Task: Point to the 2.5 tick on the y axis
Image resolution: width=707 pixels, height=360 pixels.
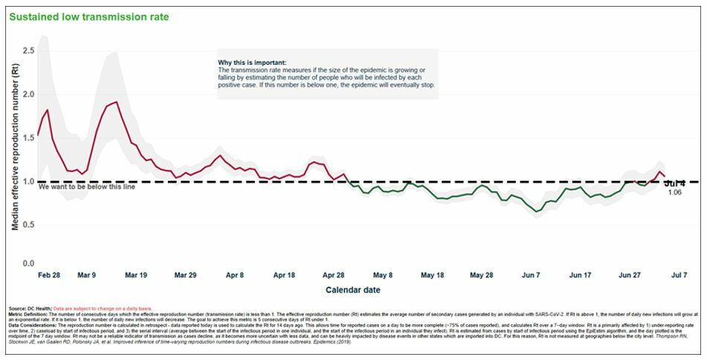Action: (28, 50)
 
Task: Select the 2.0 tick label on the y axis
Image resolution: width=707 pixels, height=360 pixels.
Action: (28, 94)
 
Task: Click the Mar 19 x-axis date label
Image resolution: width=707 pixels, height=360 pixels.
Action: (136, 274)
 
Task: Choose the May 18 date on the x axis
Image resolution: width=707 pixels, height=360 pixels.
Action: (432, 274)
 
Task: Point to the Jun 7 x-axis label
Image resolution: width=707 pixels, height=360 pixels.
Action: (531, 274)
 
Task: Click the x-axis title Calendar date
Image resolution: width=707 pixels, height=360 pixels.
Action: (354, 289)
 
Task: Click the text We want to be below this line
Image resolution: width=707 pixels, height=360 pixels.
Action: (80, 187)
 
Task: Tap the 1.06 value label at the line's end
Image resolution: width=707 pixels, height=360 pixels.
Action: (674, 193)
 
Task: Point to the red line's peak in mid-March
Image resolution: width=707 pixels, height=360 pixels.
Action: (117, 102)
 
